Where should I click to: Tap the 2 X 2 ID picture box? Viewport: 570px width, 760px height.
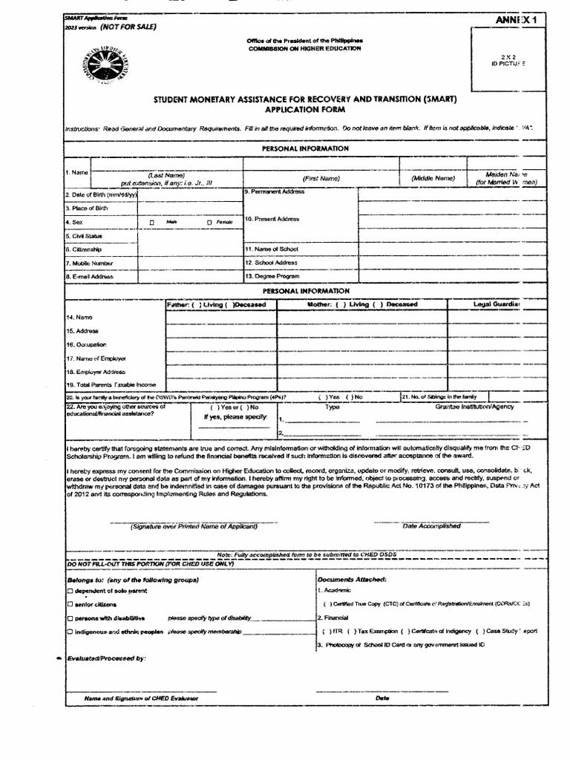tap(512, 60)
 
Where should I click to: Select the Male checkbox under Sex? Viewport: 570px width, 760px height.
tap(151, 222)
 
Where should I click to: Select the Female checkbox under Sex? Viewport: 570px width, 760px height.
tap(209, 222)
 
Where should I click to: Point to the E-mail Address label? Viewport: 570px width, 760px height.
tap(91, 277)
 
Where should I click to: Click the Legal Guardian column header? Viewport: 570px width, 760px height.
tap(497, 304)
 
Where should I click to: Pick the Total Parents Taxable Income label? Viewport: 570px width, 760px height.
tap(111, 384)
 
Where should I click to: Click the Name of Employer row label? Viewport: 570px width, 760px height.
tap(96, 358)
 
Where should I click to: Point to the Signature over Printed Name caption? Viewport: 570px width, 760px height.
tap(194, 526)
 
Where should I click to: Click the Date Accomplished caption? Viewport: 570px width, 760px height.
tap(431, 526)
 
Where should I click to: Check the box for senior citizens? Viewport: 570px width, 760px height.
tap(70, 605)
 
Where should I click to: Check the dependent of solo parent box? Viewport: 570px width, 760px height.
tap(70, 591)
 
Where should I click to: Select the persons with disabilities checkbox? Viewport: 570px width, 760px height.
tap(70, 618)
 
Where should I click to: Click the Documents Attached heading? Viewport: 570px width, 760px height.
tap(352, 578)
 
